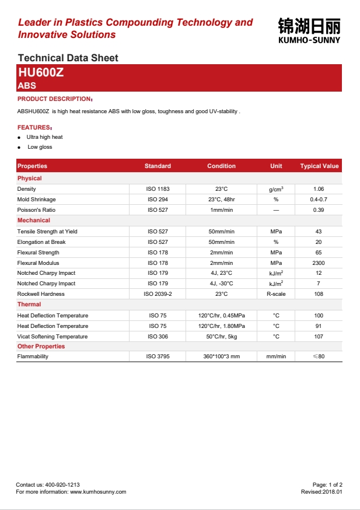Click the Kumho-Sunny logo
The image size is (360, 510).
pyautogui.click(x=309, y=30)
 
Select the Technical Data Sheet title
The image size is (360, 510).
pyautogui.click(x=68, y=58)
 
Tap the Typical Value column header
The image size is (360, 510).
pyautogui.click(x=319, y=166)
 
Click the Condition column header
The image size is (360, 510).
pyautogui.click(x=221, y=166)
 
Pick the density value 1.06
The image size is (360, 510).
pyautogui.click(x=319, y=189)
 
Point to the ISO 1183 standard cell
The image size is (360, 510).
pyautogui.click(x=158, y=189)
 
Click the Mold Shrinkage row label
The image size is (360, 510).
pyautogui.click(x=37, y=200)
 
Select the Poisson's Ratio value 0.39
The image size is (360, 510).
pyautogui.click(x=319, y=210)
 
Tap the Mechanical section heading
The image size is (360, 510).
pyautogui.click(x=34, y=221)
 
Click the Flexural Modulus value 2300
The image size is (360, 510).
pyautogui.click(x=319, y=263)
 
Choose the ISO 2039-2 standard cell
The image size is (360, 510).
pyautogui.click(x=158, y=294)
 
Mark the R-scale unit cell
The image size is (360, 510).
pyautogui.click(x=276, y=294)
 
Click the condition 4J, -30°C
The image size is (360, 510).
pyautogui.click(x=221, y=284)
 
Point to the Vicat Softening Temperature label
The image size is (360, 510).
pyautogui.click(x=53, y=337)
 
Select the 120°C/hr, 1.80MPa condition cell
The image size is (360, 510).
pyautogui.click(x=221, y=326)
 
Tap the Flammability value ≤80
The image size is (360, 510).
pyautogui.click(x=319, y=357)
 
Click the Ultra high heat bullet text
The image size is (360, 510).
pyautogui.click(x=44, y=137)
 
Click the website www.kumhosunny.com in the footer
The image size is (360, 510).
pyautogui.click(x=98, y=492)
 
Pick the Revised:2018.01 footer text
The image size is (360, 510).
pyautogui.click(x=321, y=492)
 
